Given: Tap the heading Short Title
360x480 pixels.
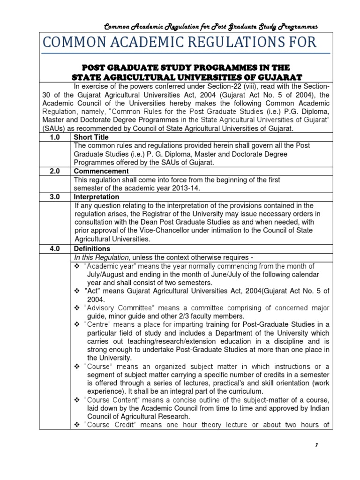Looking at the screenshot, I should point(91,137).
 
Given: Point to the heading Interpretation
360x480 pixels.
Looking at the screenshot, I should point(97,197).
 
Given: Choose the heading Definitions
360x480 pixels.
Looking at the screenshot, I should point(92,248).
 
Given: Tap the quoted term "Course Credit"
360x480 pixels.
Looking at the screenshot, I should point(109,426).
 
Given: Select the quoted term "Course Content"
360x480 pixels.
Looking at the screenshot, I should point(111,400).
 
